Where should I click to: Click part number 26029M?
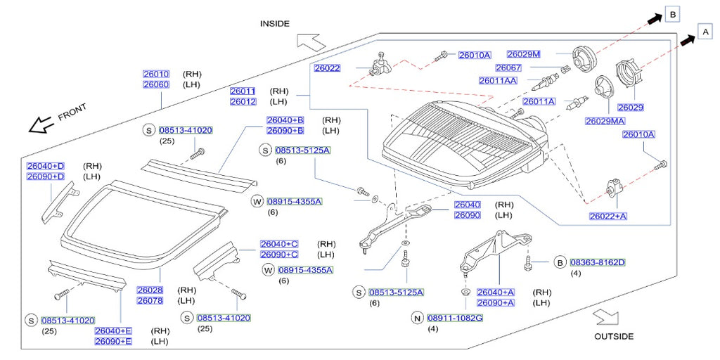coord(523,54)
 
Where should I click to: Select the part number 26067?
coord(508,67)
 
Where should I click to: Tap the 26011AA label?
coord(498,81)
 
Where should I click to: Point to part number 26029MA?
coord(605,121)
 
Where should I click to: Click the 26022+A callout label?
coord(609,216)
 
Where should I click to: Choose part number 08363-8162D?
coord(597,262)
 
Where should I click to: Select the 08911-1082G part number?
coord(455,318)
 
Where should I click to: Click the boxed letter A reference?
coord(704,31)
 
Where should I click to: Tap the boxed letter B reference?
coord(672,14)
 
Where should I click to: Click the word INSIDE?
coord(274,23)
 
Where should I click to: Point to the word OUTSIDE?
coord(613,336)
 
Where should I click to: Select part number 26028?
coord(150,290)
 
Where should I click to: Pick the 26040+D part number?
coord(45,165)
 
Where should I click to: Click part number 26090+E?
coord(112,341)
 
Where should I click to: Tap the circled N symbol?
coord(417,318)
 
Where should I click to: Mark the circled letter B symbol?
coord(560,262)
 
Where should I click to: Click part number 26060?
coord(155,84)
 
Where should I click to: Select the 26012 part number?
coord(243,102)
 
